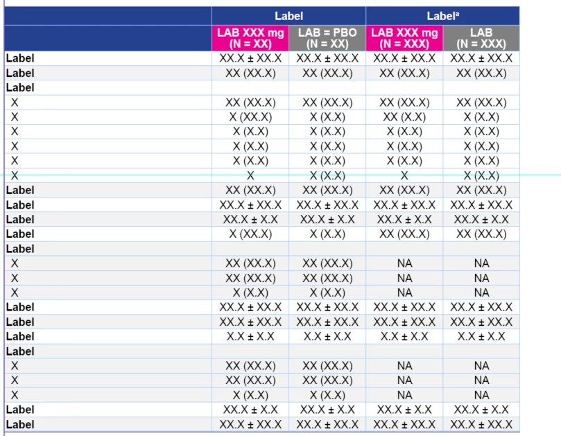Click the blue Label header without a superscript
pyautogui.click(x=288, y=16)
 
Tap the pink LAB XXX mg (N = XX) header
pyautogui.click(x=250, y=38)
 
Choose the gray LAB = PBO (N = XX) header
pyautogui.click(x=327, y=38)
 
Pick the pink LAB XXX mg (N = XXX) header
pyautogui.click(x=404, y=38)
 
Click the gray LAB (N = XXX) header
pyautogui.click(x=481, y=38)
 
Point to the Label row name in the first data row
pyautogui.click(x=20, y=58)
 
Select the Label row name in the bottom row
pyautogui.click(x=20, y=424)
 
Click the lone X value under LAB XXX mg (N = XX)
pyautogui.click(x=250, y=175)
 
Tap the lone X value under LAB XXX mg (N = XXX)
pyautogui.click(x=404, y=175)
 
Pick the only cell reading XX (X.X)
pyautogui.click(x=404, y=117)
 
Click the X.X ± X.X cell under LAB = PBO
pyautogui.click(x=327, y=336)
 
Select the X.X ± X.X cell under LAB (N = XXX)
pyautogui.click(x=481, y=336)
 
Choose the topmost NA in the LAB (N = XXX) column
pyautogui.click(x=481, y=263)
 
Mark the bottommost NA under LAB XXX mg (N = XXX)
pyautogui.click(x=404, y=395)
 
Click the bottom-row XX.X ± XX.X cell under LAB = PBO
pyautogui.click(x=327, y=424)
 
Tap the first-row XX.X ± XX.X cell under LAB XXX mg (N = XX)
pyautogui.click(x=250, y=58)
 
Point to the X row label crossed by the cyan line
pyautogui.click(x=15, y=175)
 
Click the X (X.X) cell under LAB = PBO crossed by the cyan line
pyautogui.click(x=327, y=175)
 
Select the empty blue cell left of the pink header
pyautogui.click(x=107, y=38)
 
